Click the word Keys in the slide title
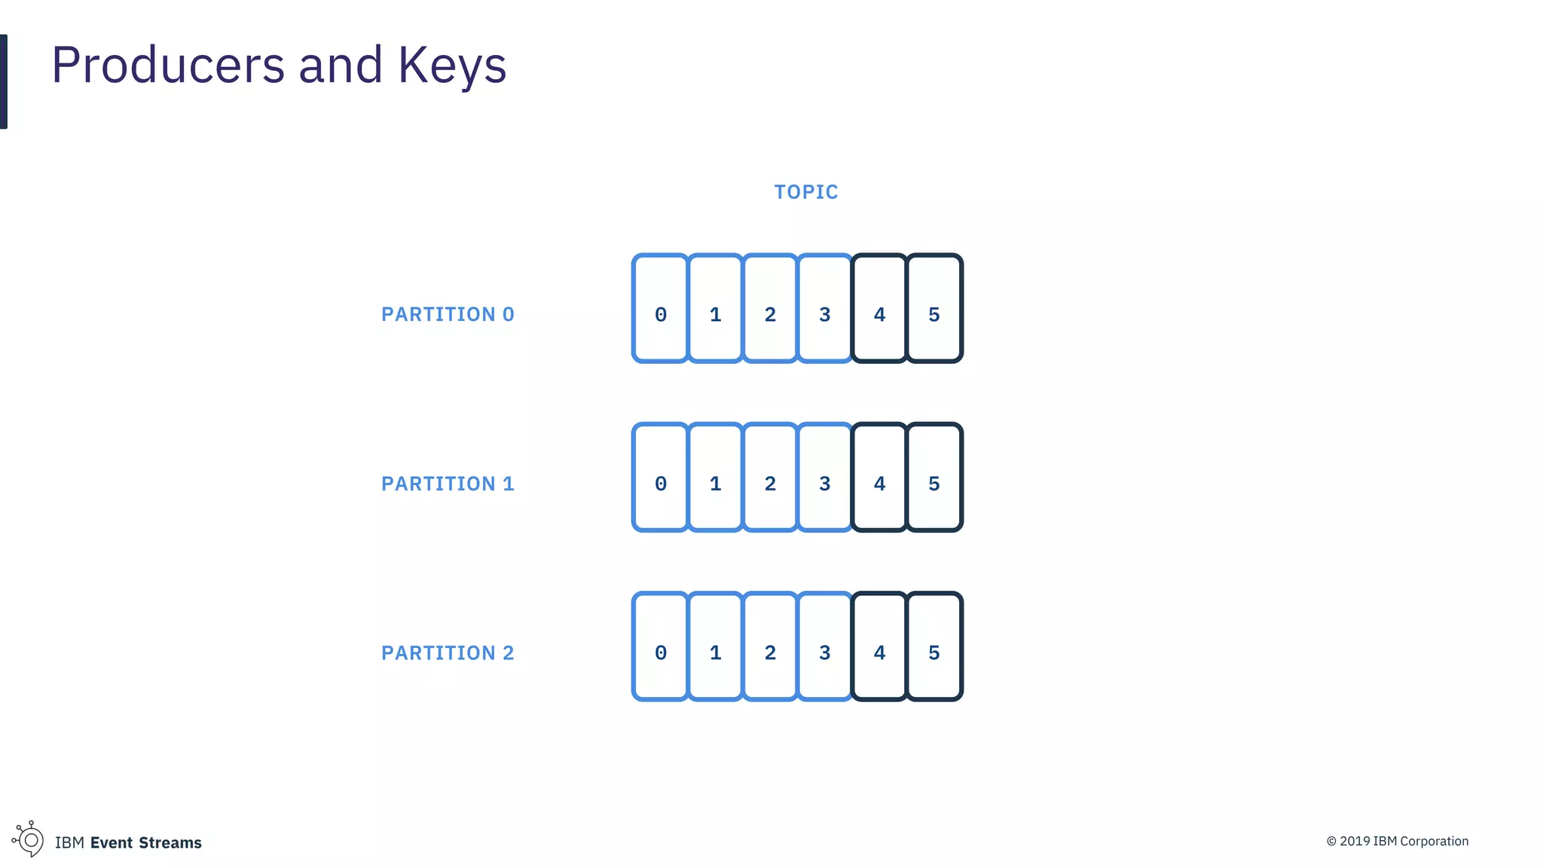[452, 66]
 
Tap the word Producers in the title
[168, 66]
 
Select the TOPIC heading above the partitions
[806, 192]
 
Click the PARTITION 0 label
[448, 314]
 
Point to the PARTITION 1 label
[448, 484]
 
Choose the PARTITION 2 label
[448, 653]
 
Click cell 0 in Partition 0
[661, 308]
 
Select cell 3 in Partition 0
[825, 308]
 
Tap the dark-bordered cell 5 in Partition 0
[934, 308]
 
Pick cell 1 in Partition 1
[716, 477]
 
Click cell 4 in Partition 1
[879, 477]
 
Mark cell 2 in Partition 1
[770, 477]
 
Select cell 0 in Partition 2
[661, 646]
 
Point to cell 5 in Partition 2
[934, 646]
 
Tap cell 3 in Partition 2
[825, 646]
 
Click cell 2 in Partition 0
[770, 308]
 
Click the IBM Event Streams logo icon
[29, 839]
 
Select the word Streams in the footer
[170, 842]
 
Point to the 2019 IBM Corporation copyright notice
[1398, 842]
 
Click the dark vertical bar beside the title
[4, 81]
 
